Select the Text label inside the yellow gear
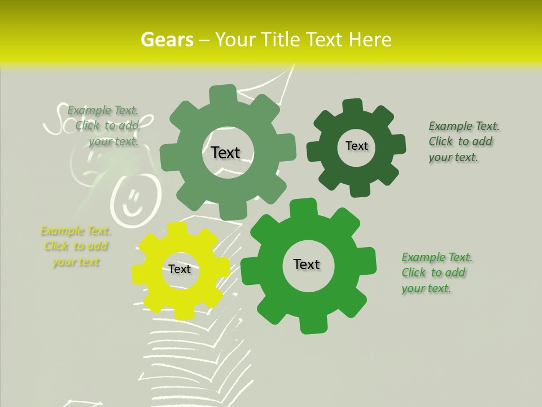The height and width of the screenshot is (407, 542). [180, 270]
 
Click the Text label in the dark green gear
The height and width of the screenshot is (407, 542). [356, 146]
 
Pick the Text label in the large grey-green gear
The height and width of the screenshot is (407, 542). [225, 153]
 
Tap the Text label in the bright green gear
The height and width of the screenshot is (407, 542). [307, 264]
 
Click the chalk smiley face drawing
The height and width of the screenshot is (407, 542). [130, 198]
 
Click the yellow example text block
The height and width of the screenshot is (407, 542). [76, 246]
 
